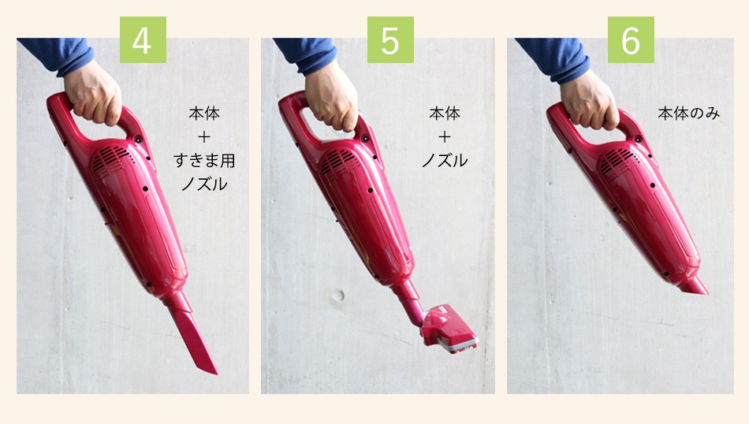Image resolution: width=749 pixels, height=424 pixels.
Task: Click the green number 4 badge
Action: coord(143,40)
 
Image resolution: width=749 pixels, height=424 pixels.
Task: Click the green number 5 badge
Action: coord(390,40)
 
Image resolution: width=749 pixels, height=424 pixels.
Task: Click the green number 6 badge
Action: coord(631,40)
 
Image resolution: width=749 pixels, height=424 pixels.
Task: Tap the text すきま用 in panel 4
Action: coord(204,162)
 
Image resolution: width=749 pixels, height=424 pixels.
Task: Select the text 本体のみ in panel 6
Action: coord(688,114)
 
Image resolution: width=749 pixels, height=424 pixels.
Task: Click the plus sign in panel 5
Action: coord(444,137)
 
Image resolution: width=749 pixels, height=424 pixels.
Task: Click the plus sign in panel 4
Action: coord(204,137)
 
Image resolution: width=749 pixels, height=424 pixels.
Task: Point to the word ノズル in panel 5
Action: coord(444,162)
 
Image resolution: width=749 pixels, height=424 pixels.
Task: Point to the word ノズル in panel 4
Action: coord(204,186)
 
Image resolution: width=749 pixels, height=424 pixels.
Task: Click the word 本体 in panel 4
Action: coord(204,114)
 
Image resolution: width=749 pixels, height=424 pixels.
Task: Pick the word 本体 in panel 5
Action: coord(444,114)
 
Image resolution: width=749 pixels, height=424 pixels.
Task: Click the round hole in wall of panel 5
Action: coord(338,297)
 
